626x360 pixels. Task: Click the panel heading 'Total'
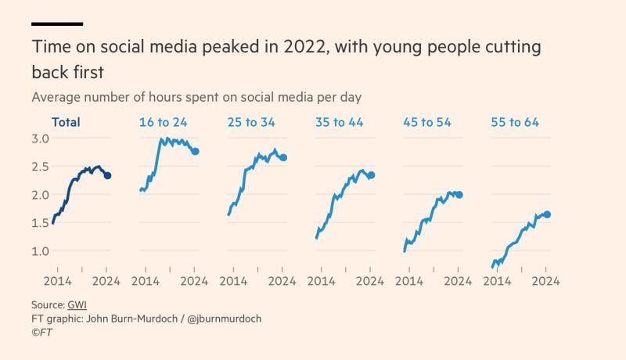(x=66, y=122)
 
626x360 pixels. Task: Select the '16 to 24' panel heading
(x=163, y=122)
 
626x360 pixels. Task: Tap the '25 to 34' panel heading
(x=251, y=122)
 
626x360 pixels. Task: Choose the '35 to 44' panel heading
(x=339, y=122)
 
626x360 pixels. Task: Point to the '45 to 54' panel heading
(x=427, y=122)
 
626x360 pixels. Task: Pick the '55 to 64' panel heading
(x=515, y=122)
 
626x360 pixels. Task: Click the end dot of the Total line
(x=107, y=176)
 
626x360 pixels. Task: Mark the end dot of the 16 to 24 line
(x=195, y=151)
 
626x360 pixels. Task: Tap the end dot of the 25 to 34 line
(x=283, y=157)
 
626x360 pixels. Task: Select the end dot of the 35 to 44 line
(x=371, y=175)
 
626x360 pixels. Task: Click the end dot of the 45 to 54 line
(x=459, y=194)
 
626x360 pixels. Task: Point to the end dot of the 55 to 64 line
(x=547, y=214)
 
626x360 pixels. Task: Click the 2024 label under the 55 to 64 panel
(x=546, y=280)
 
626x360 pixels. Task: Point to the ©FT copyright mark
(x=41, y=333)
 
